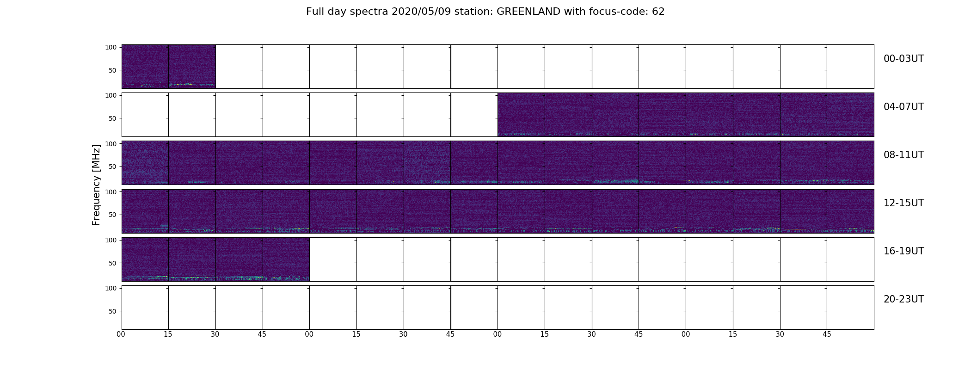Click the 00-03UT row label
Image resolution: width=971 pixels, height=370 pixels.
point(903,59)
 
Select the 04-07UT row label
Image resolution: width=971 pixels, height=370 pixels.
point(903,107)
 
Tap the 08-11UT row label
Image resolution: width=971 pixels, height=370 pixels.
point(903,155)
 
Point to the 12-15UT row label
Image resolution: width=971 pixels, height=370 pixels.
point(903,203)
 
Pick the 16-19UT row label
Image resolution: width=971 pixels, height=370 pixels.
point(903,251)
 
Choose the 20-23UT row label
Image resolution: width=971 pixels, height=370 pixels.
point(903,299)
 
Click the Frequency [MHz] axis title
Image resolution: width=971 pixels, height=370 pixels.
point(96,185)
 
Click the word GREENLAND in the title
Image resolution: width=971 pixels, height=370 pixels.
point(529,12)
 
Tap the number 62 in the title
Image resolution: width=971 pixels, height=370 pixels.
point(658,12)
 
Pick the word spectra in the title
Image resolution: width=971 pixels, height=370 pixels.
point(370,12)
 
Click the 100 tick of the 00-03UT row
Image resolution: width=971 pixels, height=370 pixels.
point(111,47)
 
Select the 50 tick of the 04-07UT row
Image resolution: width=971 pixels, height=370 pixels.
point(113,118)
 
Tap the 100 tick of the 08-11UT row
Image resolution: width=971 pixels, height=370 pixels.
point(111,144)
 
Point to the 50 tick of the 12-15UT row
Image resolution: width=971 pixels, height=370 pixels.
point(113,215)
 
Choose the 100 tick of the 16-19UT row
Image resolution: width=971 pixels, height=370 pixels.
point(111,240)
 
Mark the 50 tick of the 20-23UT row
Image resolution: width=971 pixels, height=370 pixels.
point(113,311)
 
